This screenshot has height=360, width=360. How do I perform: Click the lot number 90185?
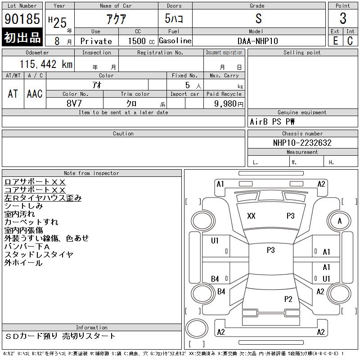point(22,18)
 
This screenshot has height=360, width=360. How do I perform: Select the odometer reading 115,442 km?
point(46,64)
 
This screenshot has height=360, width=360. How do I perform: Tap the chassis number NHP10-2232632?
point(302,143)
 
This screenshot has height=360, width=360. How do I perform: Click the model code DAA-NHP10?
point(258,41)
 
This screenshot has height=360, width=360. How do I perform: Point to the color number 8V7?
point(74,103)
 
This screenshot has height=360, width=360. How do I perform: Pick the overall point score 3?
point(343,18)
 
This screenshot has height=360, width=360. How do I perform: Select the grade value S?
point(258,18)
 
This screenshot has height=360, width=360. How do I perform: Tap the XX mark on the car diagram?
point(251,216)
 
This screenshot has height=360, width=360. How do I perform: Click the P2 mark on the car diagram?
point(288,299)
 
